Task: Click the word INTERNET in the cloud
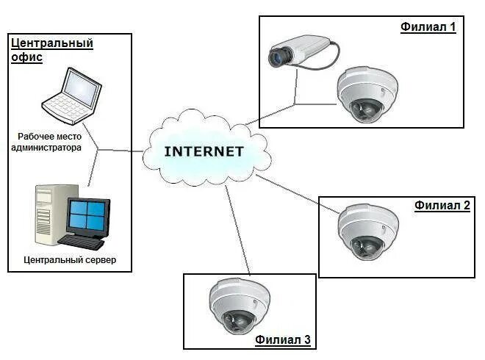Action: click(x=204, y=152)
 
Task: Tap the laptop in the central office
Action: click(x=71, y=96)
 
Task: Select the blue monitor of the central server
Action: click(x=88, y=216)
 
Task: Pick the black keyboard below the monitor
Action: click(x=82, y=240)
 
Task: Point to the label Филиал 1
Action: click(x=428, y=27)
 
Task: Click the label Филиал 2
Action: click(x=442, y=206)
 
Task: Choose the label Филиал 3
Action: click(x=283, y=339)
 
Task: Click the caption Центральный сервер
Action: click(x=70, y=260)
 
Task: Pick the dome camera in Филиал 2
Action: click(x=368, y=231)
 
